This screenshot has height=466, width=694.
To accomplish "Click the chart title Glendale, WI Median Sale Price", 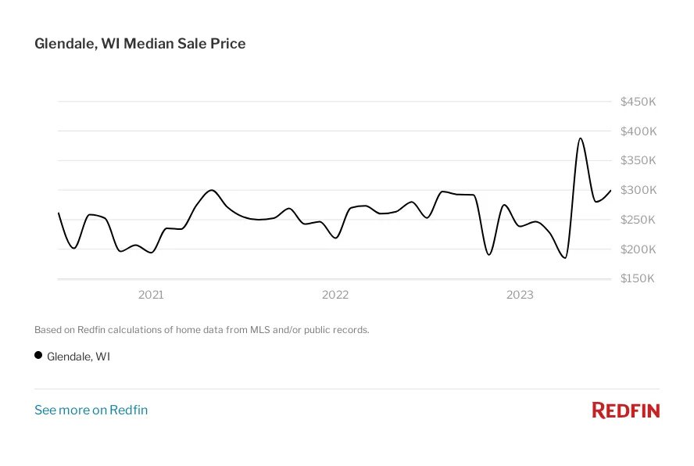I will [x=140, y=44].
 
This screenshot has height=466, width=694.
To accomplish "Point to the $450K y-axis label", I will [x=638, y=102].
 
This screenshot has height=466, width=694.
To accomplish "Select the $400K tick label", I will [x=638, y=131].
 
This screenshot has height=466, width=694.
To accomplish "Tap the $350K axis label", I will [x=638, y=161].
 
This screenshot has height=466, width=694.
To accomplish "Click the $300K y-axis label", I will [x=638, y=190].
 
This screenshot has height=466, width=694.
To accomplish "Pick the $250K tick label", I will [x=638, y=220].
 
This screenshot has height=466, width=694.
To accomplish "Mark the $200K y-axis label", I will [x=638, y=249].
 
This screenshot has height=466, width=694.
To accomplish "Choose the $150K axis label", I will [x=638, y=279].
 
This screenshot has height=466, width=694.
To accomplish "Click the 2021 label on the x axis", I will [x=151, y=295].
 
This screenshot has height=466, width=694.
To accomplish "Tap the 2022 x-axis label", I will [x=335, y=295].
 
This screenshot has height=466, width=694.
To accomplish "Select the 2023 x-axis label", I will [x=520, y=295].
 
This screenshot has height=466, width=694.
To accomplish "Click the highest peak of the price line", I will [x=580, y=138].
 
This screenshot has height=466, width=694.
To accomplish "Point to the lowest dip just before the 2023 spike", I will [x=564, y=258].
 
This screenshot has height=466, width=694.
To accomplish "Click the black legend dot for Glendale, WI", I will [x=38, y=355].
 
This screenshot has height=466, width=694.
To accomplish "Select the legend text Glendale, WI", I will [x=78, y=357].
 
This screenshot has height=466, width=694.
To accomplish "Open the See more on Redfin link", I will [x=91, y=410].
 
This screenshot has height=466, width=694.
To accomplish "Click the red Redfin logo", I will [x=625, y=410].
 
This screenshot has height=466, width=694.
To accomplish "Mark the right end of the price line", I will [x=610, y=190].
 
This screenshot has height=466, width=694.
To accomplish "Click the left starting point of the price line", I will [x=59, y=213].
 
